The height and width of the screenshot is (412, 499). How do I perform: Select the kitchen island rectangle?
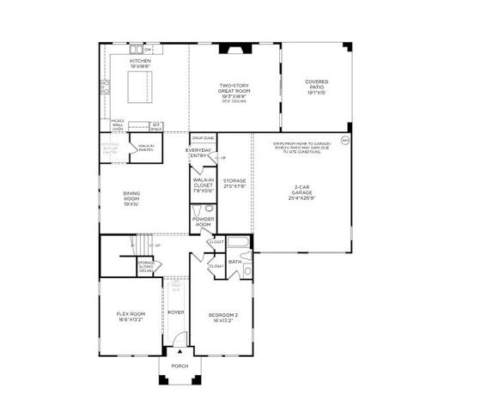click(x=141, y=86)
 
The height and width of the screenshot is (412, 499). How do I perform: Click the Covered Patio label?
click(x=316, y=86)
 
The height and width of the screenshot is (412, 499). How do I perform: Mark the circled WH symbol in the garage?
click(x=345, y=139)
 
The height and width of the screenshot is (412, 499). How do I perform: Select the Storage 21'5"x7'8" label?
click(x=234, y=184)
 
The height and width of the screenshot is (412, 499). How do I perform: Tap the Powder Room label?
click(x=204, y=221)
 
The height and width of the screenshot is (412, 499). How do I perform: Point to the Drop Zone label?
click(x=204, y=138)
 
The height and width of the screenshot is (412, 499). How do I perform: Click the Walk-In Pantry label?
click(x=146, y=148)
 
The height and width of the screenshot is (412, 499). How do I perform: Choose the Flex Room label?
click(x=131, y=316)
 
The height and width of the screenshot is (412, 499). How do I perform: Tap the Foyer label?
click(x=176, y=312)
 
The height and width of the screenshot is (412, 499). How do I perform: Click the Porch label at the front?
click(x=180, y=366)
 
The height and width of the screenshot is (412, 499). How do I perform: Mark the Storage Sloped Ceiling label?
click(x=147, y=266)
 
